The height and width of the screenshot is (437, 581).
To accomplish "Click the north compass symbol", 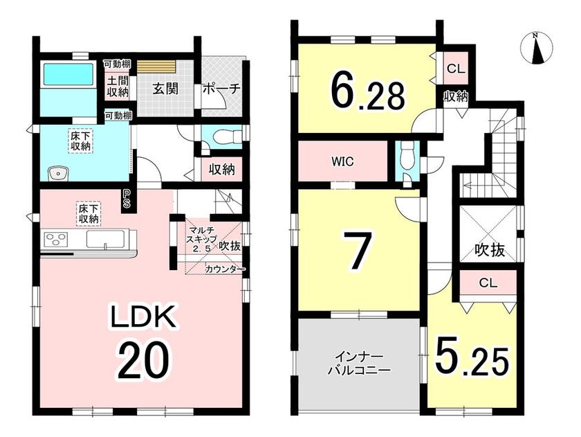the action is (x=536, y=49).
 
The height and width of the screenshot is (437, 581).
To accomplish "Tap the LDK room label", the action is (x=142, y=315).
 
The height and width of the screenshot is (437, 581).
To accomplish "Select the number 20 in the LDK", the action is (x=142, y=361).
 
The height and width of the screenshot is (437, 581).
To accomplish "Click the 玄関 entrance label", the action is (x=165, y=89).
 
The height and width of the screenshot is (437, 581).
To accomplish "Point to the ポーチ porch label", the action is (x=221, y=89).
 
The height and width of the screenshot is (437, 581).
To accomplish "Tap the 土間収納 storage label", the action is (x=118, y=87).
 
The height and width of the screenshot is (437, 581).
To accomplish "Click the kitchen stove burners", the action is (x=56, y=238).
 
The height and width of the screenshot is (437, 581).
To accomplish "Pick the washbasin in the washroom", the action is (x=58, y=173).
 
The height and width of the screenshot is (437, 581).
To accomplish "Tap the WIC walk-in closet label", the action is (x=343, y=161).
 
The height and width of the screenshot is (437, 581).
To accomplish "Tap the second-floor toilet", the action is (x=407, y=157).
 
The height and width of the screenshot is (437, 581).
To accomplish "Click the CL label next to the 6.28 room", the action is (x=456, y=69).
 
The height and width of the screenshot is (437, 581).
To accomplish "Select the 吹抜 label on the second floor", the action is (x=490, y=251).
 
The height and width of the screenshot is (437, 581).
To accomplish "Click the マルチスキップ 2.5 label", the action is (x=202, y=239).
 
